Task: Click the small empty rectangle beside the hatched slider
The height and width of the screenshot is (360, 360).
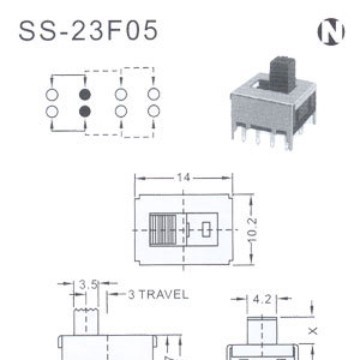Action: [x=204, y=229]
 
